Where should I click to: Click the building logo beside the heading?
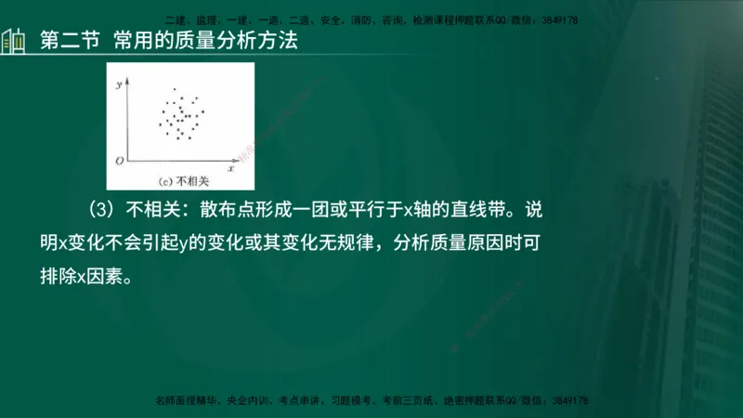point(13,43)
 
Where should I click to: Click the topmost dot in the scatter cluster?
point(174,89)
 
